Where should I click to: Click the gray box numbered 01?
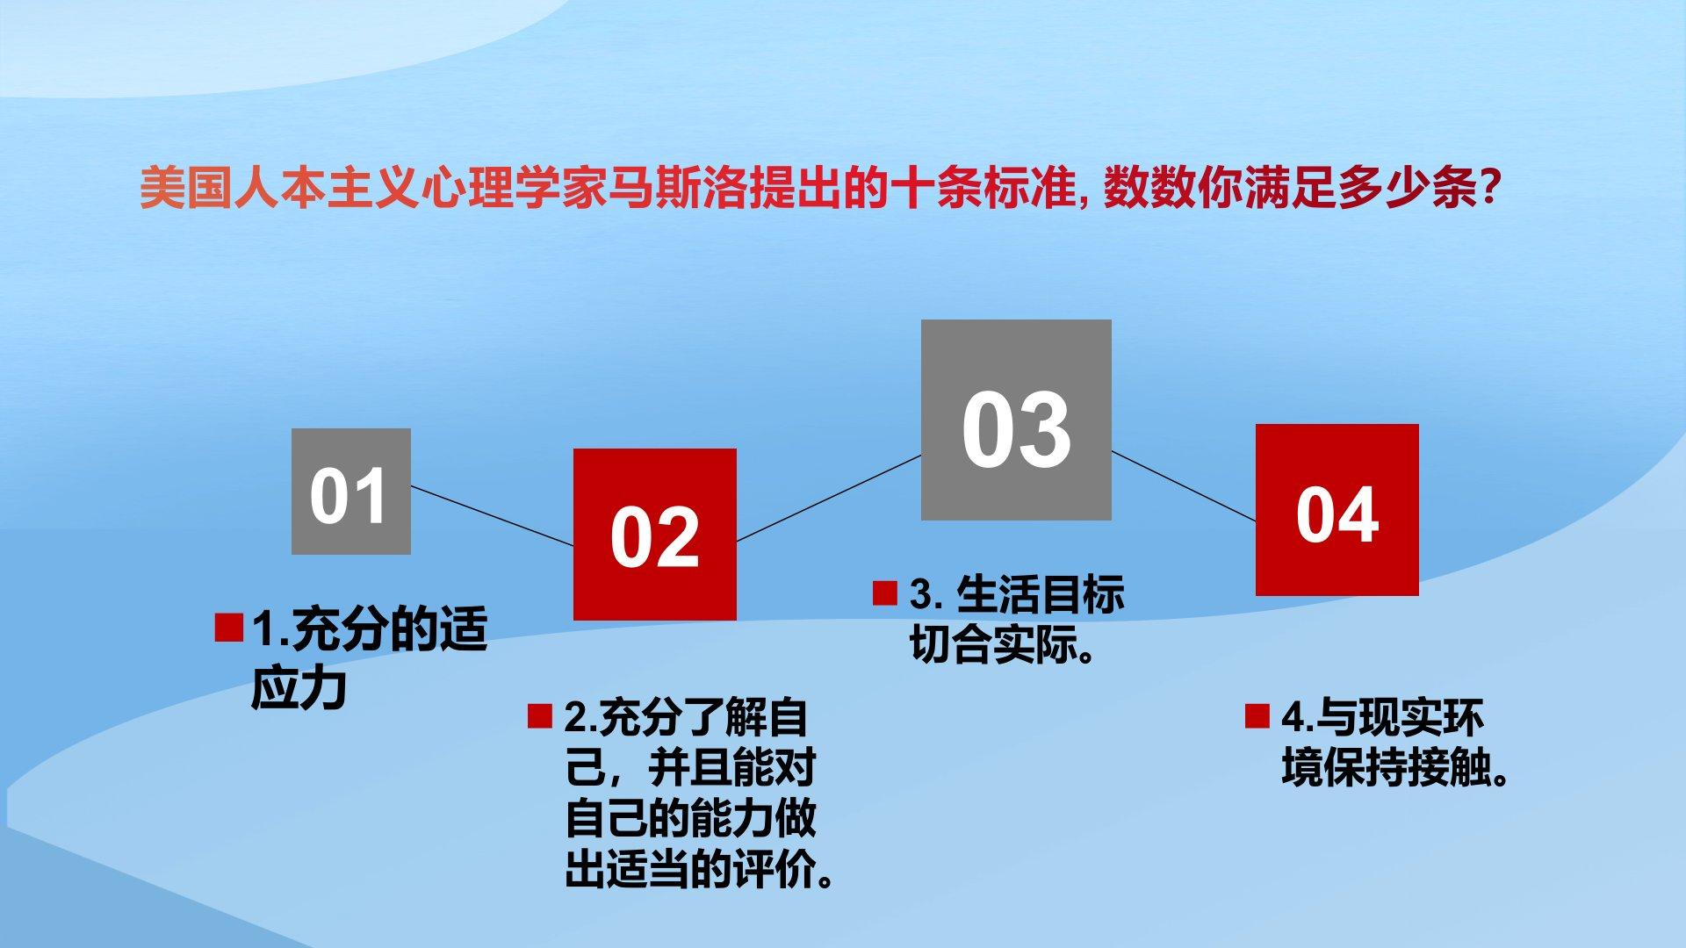(351, 492)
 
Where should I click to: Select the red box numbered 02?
(655, 535)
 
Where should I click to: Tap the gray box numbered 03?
(1016, 420)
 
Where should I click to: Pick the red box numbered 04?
(1337, 510)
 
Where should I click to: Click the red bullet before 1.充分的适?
(228, 628)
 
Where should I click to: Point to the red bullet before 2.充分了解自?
(540, 716)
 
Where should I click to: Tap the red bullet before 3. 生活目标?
(885, 593)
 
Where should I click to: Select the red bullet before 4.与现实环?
(1257, 716)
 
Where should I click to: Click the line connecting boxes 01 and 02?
(492, 516)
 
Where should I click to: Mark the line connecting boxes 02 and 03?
(829, 498)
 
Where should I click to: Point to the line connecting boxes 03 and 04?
(1184, 486)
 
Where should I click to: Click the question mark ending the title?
(1488, 188)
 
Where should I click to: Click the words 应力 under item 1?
(299, 688)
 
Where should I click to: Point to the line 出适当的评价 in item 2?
(689, 869)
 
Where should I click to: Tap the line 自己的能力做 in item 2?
(690, 818)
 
